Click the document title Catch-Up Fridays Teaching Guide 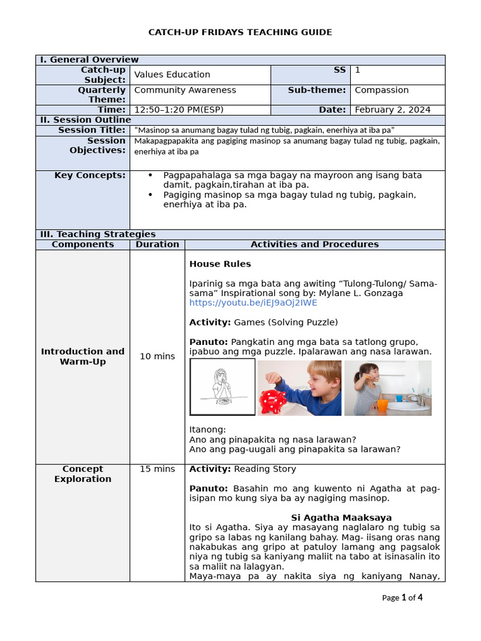coord(240,32)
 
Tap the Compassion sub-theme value coord(381,90)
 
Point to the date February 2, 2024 coord(392,110)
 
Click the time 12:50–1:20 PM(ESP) coord(178,110)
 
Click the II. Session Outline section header coord(85,120)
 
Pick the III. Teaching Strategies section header coord(97,234)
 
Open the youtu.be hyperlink coord(253,303)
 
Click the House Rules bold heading coord(220,264)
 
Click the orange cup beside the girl coord(382,405)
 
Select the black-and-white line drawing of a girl coord(222,387)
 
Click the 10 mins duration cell coord(157,356)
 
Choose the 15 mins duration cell coord(157,469)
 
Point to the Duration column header coord(157,244)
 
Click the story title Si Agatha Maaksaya coord(341,518)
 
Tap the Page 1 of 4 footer coord(402,597)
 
